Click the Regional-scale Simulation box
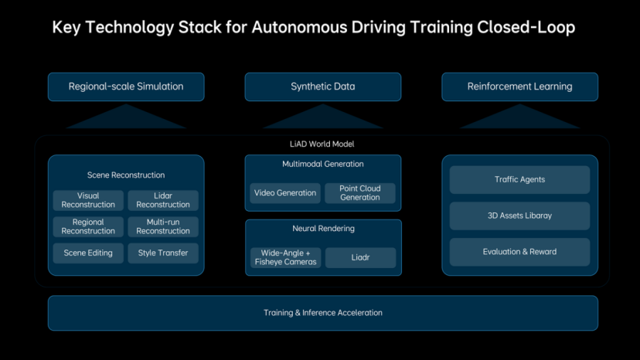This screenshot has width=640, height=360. [x=126, y=87]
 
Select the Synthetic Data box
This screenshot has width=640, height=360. [x=323, y=87]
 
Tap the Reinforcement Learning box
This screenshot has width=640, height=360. [x=519, y=87]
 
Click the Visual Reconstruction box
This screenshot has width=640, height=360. [x=88, y=200]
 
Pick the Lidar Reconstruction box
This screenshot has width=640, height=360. [x=163, y=200]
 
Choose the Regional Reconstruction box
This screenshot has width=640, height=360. [x=88, y=226]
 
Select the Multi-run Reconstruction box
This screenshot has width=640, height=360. [x=163, y=226]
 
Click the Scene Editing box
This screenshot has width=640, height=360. [x=88, y=253]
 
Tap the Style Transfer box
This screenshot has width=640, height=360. [x=163, y=253]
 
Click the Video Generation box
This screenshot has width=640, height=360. [x=285, y=193]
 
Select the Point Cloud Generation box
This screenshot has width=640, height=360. [x=360, y=193]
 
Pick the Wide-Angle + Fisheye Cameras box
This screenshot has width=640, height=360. [x=285, y=257]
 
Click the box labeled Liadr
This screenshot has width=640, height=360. [x=360, y=257]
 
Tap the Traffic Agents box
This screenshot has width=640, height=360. [x=519, y=179]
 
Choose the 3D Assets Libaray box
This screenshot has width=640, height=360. [x=519, y=216]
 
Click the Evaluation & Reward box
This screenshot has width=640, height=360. [x=519, y=252]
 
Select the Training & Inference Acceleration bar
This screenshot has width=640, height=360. [x=323, y=313]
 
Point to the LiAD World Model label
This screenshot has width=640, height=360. [x=322, y=144]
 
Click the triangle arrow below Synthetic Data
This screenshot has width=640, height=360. [x=323, y=117]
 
